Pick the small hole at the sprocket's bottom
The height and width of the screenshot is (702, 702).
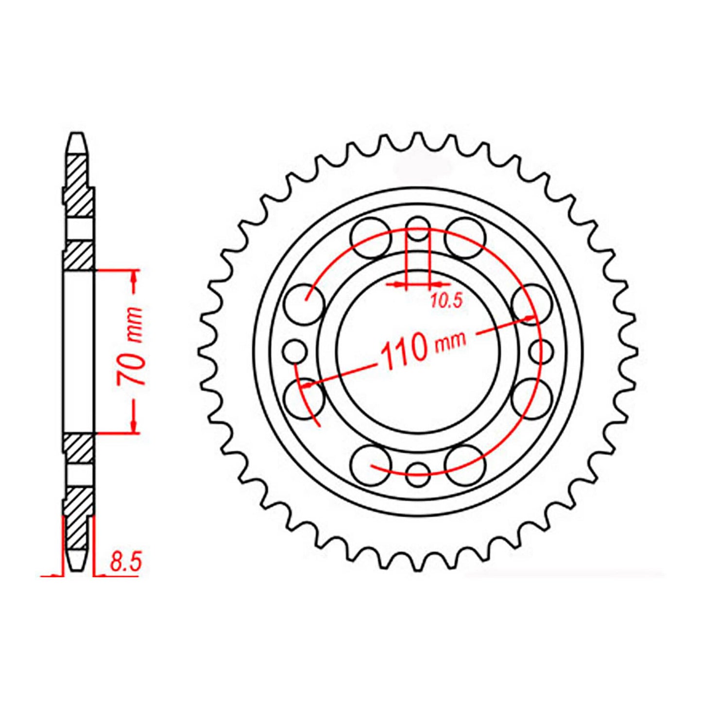pos(418,474)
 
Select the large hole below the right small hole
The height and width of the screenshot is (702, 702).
pos(532,399)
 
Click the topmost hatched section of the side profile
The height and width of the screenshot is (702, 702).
pos(78,185)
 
